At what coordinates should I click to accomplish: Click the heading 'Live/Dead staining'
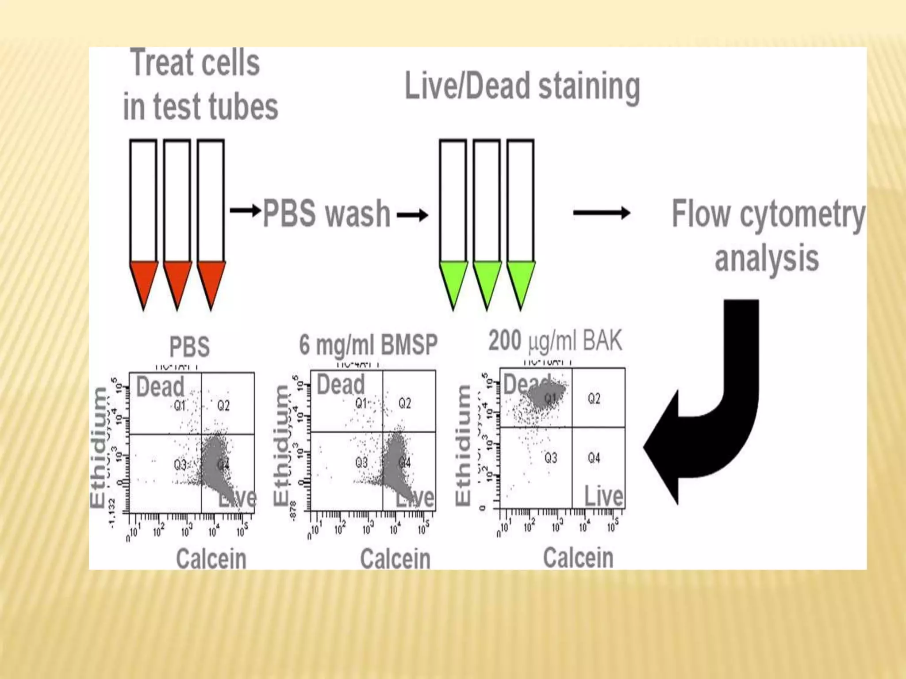coord(522,87)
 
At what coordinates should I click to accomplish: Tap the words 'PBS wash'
coord(326,214)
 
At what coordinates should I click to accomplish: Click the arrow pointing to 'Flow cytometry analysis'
coord(602,213)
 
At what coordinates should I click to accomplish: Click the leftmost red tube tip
coord(143,283)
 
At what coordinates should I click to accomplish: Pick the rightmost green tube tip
coord(521,283)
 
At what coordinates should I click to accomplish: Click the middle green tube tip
coord(487,283)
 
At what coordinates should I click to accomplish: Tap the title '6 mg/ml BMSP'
coord(368,345)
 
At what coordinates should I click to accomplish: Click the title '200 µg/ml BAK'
coord(555,341)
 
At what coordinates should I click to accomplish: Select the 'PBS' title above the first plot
coord(189,347)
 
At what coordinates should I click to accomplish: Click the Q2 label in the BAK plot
coord(594,399)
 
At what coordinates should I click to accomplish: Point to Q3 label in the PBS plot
coord(180,465)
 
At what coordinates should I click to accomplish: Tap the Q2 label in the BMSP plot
coord(405,403)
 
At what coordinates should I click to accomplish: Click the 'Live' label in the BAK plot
coord(604,496)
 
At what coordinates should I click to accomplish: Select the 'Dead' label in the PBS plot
coord(160,387)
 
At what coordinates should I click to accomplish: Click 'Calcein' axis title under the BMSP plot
coord(395,559)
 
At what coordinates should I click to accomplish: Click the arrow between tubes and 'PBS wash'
coord(246,210)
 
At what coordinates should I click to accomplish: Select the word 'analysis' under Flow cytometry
coord(767,259)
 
